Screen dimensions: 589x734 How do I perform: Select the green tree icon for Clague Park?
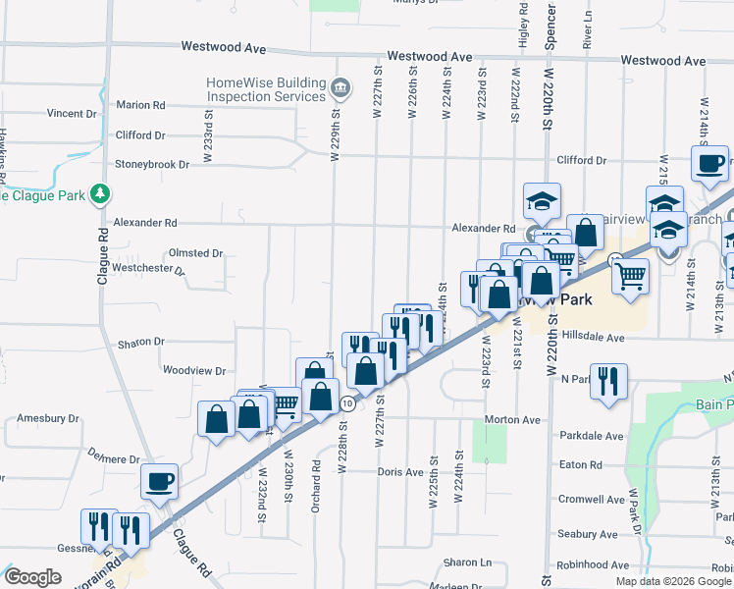click(x=99, y=194)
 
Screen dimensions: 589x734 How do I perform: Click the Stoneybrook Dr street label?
click(x=152, y=165)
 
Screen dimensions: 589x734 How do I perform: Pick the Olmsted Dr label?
click(x=195, y=253)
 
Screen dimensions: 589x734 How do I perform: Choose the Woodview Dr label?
click(x=194, y=371)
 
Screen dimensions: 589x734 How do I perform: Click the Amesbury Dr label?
click(x=47, y=418)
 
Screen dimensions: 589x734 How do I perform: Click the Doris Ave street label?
click(x=400, y=472)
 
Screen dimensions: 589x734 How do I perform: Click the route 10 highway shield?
click(x=346, y=403)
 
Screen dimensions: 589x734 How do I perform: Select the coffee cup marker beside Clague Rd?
click(x=159, y=481)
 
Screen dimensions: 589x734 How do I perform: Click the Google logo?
click(x=32, y=578)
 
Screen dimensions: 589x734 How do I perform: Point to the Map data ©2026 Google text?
click(x=672, y=581)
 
